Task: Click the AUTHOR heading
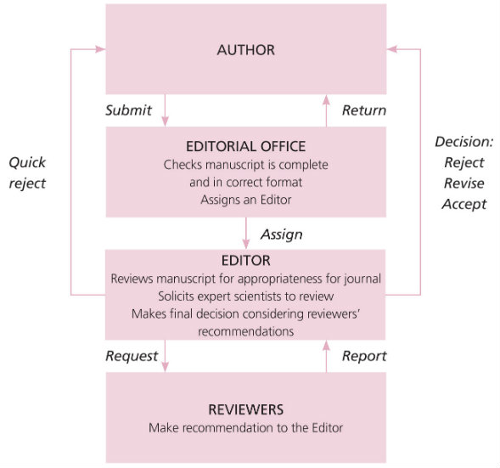click(x=245, y=50)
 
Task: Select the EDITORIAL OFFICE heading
click(x=245, y=145)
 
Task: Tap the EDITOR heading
click(x=245, y=261)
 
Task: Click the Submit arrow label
click(x=128, y=110)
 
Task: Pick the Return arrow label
click(x=363, y=110)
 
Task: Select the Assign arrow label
click(x=281, y=234)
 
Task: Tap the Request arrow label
click(x=132, y=356)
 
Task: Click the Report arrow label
click(x=363, y=356)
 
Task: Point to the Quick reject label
click(x=28, y=172)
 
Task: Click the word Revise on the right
click(x=463, y=183)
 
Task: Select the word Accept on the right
click(x=463, y=204)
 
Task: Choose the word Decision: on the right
click(x=463, y=142)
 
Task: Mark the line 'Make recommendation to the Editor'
click(x=245, y=427)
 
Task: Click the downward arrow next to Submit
click(x=165, y=110)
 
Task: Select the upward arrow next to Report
click(x=327, y=355)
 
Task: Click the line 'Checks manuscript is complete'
click(x=245, y=164)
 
